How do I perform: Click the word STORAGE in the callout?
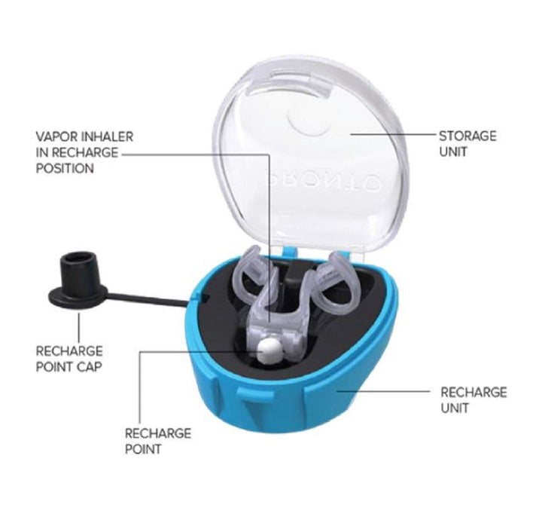(x=467, y=136)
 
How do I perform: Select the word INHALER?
(x=107, y=136)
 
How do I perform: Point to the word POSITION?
(x=65, y=168)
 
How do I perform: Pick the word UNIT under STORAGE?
(x=453, y=152)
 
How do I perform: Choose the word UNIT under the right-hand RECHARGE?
(x=455, y=408)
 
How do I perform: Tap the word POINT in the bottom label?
(x=143, y=449)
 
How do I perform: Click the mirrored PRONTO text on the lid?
(x=320, y=179)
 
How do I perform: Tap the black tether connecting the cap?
(x=148, y=299)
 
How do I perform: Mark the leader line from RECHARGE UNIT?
(x=384, y=391)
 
